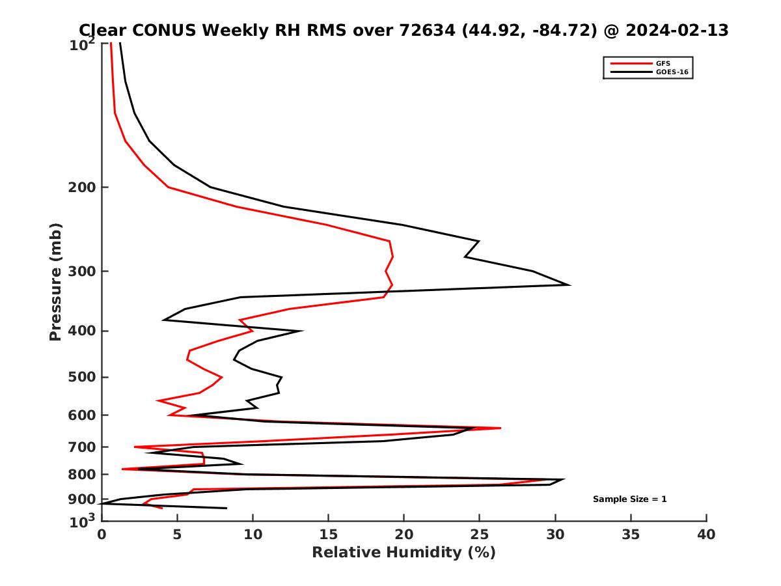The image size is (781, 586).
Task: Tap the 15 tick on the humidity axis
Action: pos(328,535)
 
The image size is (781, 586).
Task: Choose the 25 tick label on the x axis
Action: pos(480,535)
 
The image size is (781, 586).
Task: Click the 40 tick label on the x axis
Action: pos(706,535)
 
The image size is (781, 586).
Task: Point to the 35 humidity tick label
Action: pos(631,535)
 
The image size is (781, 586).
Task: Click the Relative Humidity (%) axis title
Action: pos(404,553)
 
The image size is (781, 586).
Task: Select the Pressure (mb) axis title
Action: pos(55,282)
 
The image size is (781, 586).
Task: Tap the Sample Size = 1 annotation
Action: pos(629,499)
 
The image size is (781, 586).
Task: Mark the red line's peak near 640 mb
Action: pos(500,428)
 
